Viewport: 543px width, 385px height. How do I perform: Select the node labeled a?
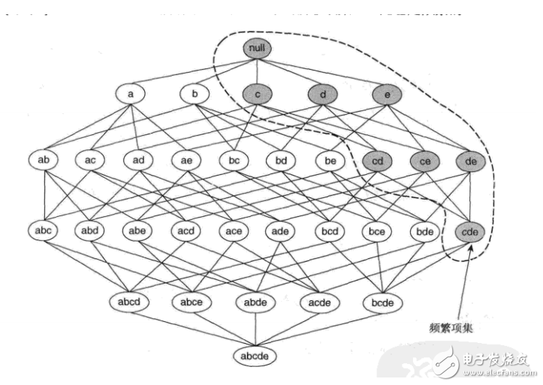pos(131,95)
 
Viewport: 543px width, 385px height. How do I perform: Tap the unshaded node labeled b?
pos(195,95)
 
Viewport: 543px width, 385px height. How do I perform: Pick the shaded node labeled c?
pos(258,95)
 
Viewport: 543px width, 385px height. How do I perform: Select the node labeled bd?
pos(280,160)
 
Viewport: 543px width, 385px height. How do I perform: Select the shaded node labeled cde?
pos(472,233)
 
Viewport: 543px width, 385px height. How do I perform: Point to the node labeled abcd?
pos(130,302)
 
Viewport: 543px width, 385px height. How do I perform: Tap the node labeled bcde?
pos(383,302)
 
